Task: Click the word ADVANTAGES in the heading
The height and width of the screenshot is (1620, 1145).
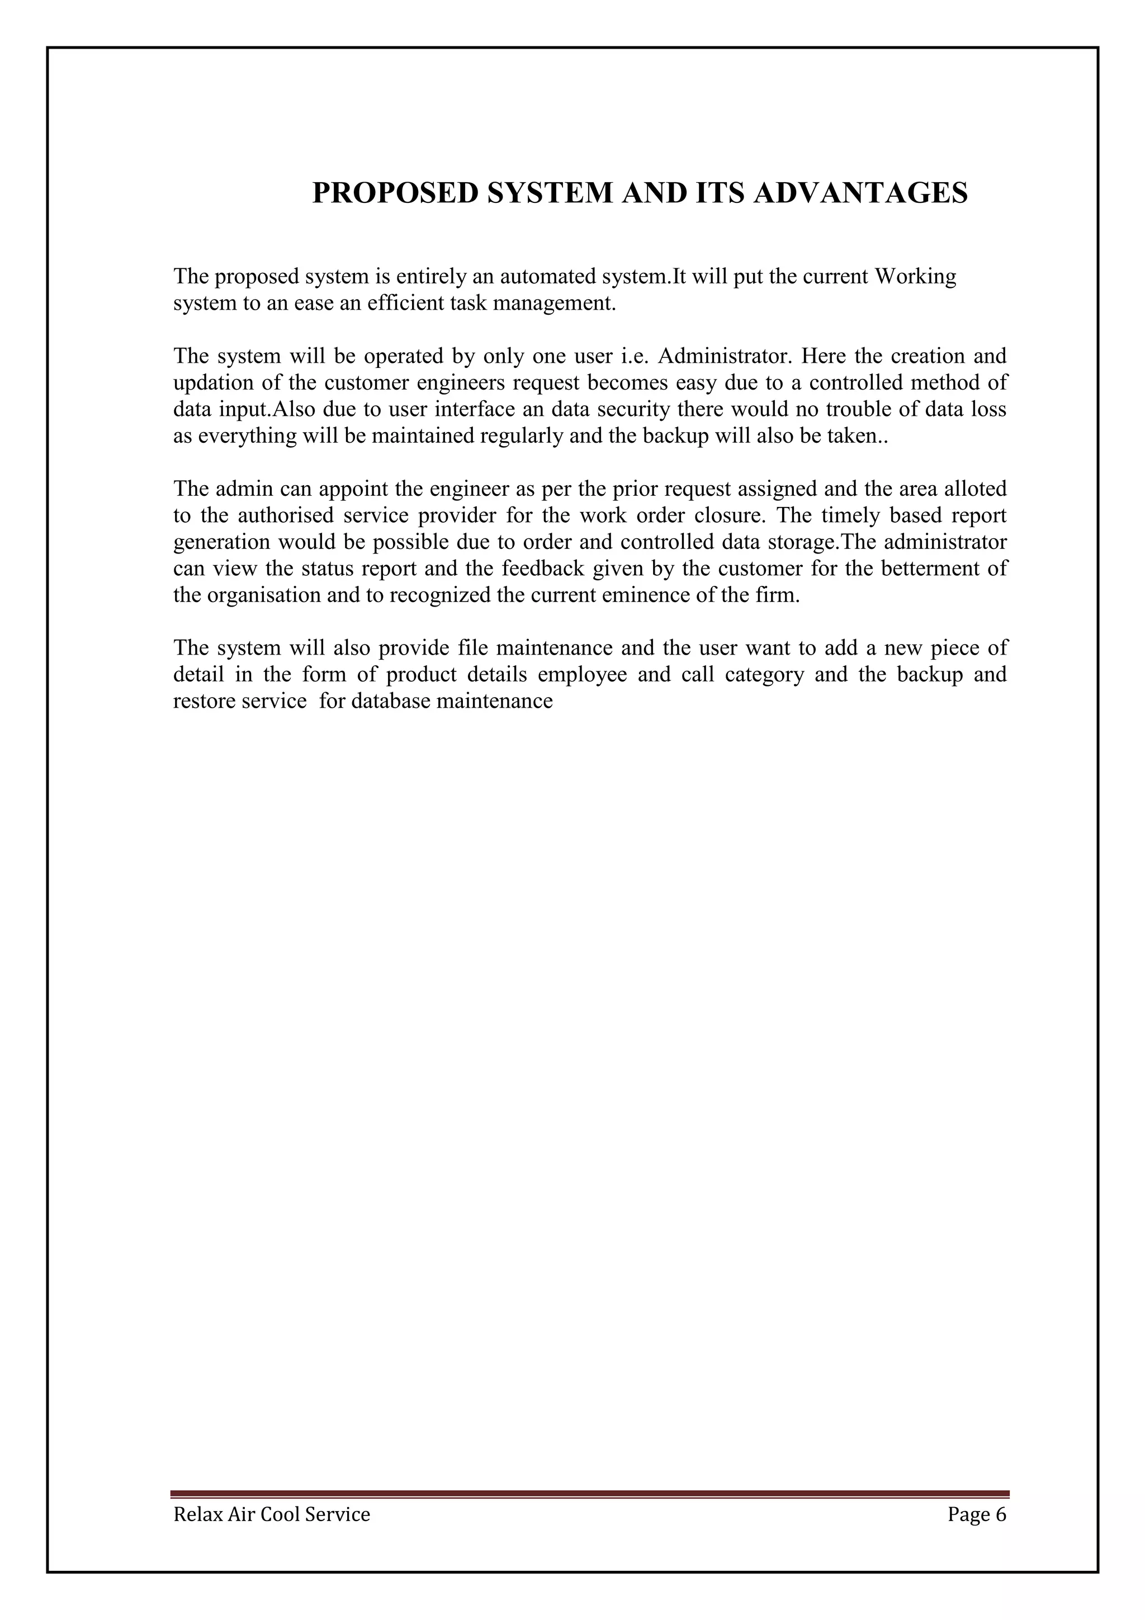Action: click(x=860, y=193)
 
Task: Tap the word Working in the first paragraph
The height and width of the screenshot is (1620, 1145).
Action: click(x=915, y=276)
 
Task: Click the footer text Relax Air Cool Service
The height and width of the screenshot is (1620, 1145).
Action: click(x=272, y=1514)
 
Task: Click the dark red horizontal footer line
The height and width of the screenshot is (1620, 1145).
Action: click(x=589, y=1494)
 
